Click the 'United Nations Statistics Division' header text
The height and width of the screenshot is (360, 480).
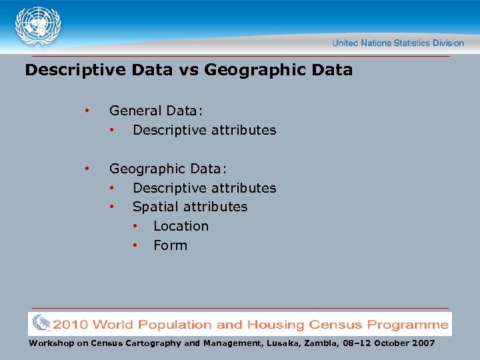pyautogui.click(x=398, y=43)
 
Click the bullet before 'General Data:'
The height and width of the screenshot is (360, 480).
pyautogui.click(x=86, y=111)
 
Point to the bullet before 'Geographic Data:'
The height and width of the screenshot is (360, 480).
pyautogui.click(x=86, y=169)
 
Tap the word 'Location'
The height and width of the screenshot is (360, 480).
pyautogui.click(x=181, y=226)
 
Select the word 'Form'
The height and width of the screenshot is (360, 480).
pyautogui.click(x=170, y=245)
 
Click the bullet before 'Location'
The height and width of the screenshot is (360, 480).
pyautogui.click(x=134, y=226)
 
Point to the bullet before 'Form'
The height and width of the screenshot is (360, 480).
pyautogui.click(x=134, y=245)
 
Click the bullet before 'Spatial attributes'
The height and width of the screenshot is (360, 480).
pyautogui.click(x=113, y=207)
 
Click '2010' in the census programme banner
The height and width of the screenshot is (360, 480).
pyautogui.click(x=71, y=325)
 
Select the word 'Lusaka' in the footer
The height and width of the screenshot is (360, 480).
pyautogui.click(x=284, y=343)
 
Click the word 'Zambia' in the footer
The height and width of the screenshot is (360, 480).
pyautogui.click(x=323, y=343)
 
